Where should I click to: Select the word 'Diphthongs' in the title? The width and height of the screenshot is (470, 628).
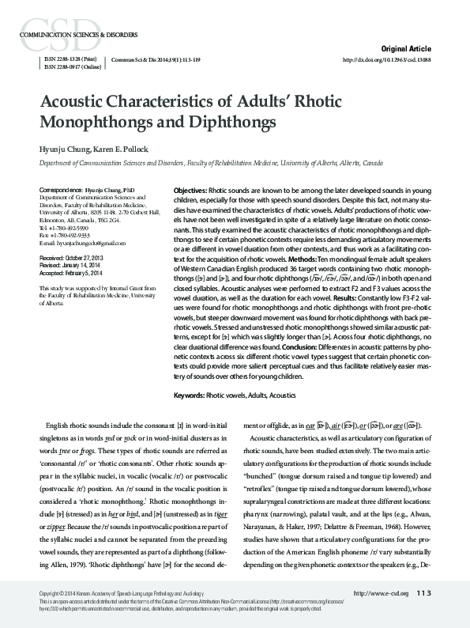[x=239, y=123]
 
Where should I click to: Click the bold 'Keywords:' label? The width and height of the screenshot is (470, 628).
[x=189, y=395]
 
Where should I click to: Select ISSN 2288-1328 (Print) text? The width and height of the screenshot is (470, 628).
[x=71, y=59]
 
